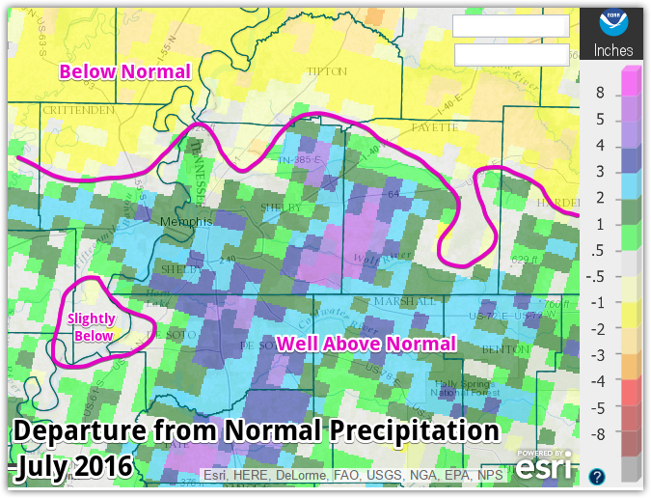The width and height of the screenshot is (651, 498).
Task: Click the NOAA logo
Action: [613, 23]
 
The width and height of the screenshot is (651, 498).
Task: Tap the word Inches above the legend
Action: [613, 50]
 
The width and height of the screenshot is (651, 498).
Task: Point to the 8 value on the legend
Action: [600, 94]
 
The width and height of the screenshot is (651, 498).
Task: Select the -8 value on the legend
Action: [600, 434]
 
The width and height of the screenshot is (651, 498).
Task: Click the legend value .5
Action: [600, 251]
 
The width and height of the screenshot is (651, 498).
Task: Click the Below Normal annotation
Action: [124, 70]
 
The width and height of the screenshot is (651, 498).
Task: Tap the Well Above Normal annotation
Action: [366, 344]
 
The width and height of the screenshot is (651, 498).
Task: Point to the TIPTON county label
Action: [319, 71]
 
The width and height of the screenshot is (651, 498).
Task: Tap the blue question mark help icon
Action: [597, 476]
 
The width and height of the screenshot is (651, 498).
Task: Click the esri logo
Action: [547, 465]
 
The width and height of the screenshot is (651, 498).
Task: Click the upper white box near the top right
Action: [511, 26]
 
